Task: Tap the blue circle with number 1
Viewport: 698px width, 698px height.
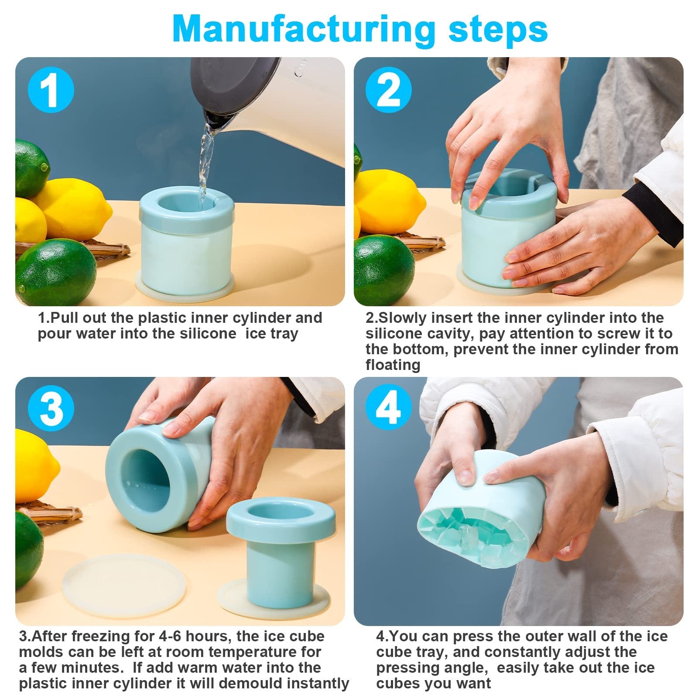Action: [x=51, y=90]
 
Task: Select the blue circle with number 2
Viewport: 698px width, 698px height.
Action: [x=388, y=90]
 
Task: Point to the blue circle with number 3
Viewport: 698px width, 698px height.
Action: [x=51, y=409]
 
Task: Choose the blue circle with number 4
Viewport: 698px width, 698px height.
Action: [x=388, y=409]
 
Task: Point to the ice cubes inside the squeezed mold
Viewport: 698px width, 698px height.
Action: [x=478, y=537]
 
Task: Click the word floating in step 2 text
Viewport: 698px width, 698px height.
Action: [x=393, y=365]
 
